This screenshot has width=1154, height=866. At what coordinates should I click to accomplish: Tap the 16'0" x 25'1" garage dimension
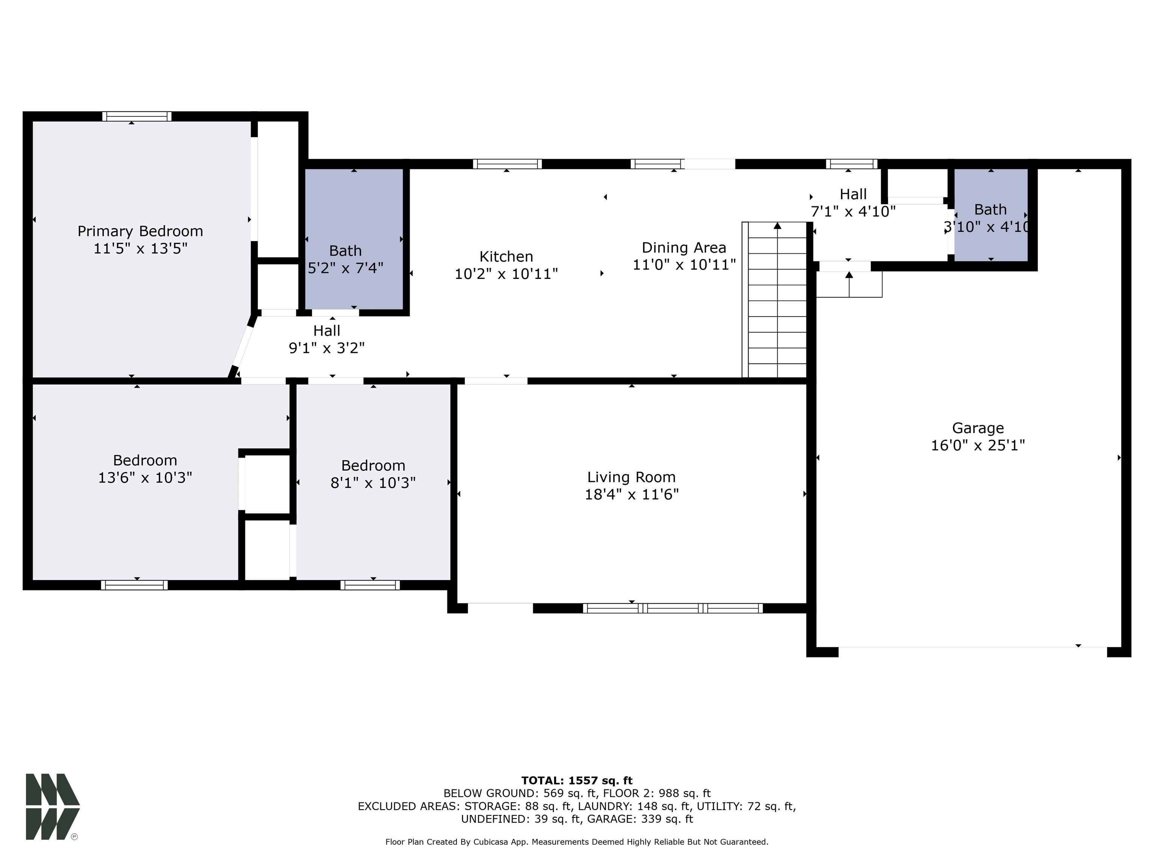tap(978, 445)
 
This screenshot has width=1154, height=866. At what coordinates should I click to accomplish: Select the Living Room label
tap(631, 477)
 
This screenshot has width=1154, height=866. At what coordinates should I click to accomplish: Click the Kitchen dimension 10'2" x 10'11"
tap(506, 274)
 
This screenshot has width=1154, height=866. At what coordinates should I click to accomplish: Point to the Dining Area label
tap(683, 247)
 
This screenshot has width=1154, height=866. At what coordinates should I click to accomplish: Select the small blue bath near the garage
tap(991, 215)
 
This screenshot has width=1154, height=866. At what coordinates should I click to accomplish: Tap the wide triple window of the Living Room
tap(672, 608)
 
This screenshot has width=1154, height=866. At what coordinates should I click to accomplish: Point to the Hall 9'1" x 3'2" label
tap(326, 339)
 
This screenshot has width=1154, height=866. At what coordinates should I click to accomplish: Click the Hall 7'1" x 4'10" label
tap(853, 203)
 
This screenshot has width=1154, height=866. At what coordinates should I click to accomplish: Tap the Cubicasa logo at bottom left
tap(52, 807)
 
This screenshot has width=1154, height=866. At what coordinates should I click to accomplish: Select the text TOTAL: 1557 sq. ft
tap(577, 780)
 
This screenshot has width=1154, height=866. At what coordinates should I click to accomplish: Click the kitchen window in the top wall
tap(507, 164)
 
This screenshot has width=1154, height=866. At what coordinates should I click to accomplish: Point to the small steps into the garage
tap(849, 285)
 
